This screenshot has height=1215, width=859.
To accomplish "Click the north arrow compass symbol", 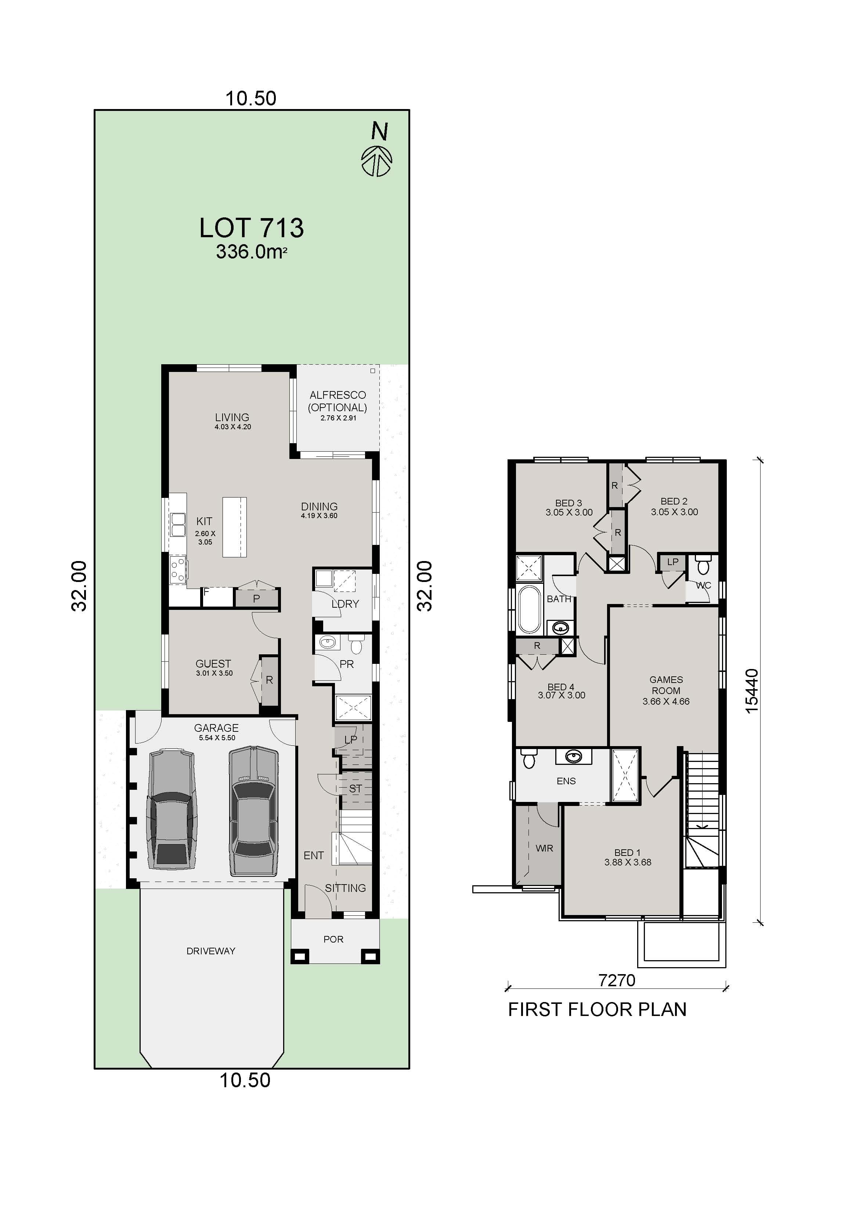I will [x=377, y=161].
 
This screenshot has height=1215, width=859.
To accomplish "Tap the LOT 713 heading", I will [x=252, y=228].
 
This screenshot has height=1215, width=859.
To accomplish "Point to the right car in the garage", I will [x=253, y=810].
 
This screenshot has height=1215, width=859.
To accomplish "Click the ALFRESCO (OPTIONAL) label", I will [x=338, y=401].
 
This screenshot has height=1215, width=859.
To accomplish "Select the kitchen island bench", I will [x=234, y=527].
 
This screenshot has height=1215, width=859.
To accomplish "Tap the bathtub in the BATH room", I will [x=529, y=609].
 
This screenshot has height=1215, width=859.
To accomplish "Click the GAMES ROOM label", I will [x=666, y=685].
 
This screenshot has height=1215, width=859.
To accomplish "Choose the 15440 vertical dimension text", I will [x=751, y=691].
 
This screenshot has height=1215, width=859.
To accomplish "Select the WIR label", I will [x=544, y=848].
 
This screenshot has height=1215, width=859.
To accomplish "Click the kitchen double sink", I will [x=177, y=524].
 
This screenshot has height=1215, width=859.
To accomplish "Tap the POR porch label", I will [x=333, y=939].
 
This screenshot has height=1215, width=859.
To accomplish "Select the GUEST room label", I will [x=213, y=663].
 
